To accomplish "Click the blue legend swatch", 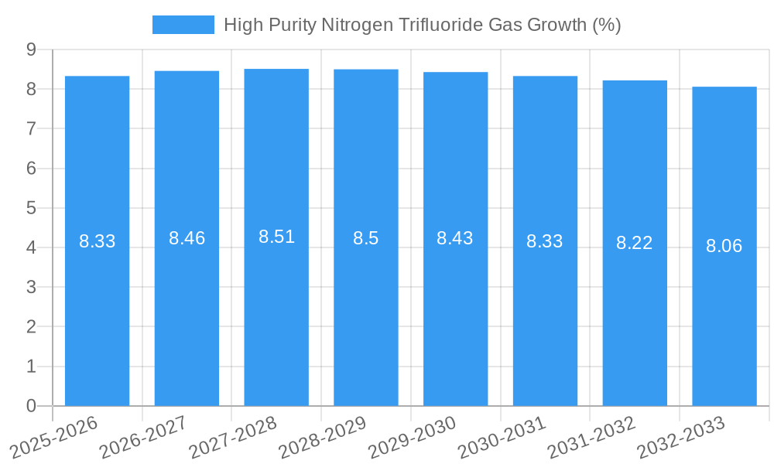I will point(183,25).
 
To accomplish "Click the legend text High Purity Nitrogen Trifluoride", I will point(422,25).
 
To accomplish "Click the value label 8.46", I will point(187,238).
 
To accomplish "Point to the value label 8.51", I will point(276,237).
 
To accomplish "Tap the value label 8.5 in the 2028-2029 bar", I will point(365,238).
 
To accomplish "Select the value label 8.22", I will point(634,243).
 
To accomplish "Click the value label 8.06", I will point(724,246).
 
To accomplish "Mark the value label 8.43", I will point(454,238).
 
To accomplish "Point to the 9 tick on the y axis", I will point(31,49).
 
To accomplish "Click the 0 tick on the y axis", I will point(31,406).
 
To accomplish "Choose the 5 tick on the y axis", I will point(31,208).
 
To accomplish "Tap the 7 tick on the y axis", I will point(31,128).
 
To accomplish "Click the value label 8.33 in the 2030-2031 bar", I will point(544,241).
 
